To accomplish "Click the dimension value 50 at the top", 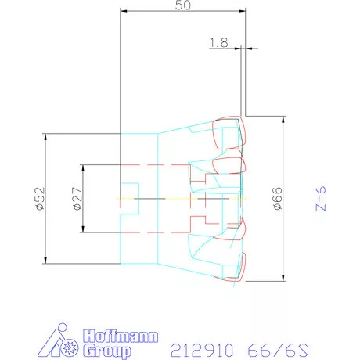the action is point(183,5).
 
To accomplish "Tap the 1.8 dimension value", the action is point(219,42).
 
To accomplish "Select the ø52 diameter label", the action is point(40,199).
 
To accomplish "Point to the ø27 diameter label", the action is point(77,199).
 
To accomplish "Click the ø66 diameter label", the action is point(278,198).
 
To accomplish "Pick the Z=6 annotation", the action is point(321,198).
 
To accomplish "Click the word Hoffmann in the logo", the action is point(121,337).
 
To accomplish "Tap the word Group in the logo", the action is point(107,351).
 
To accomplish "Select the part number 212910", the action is point(202,350).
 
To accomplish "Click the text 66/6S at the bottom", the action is point(278,350).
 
